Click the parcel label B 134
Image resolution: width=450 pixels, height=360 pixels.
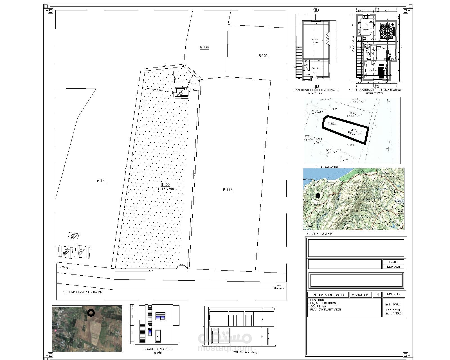[x=204, y=47]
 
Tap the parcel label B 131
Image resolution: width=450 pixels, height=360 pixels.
[x=263, y=56]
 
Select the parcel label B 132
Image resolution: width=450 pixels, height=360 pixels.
[x=227, y=190]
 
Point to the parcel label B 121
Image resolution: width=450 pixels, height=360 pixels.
[x=101, y=181]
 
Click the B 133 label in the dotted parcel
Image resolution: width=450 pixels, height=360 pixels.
[x=165, y=185]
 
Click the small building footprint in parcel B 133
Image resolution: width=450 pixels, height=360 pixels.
[x=182, y=93]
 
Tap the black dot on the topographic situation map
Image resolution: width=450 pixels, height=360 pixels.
[x=318, y=196]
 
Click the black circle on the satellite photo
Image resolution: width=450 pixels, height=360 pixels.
[x=91, y=313]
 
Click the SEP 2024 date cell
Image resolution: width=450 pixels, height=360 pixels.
[x=393, y=267]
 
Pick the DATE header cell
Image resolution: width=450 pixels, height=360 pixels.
[x=393, y=262]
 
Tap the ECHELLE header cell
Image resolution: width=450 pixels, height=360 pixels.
[x=393, y=294]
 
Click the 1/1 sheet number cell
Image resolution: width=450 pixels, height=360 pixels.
[x=377, y=295]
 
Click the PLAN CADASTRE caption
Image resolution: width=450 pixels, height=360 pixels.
[x=326, y=167]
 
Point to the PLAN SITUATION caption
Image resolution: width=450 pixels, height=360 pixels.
[x=319, y=233]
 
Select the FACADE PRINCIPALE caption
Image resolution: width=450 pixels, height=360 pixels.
[x=157, y=349]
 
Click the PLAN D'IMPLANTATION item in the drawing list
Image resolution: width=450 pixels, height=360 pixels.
[x=325, y=309]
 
